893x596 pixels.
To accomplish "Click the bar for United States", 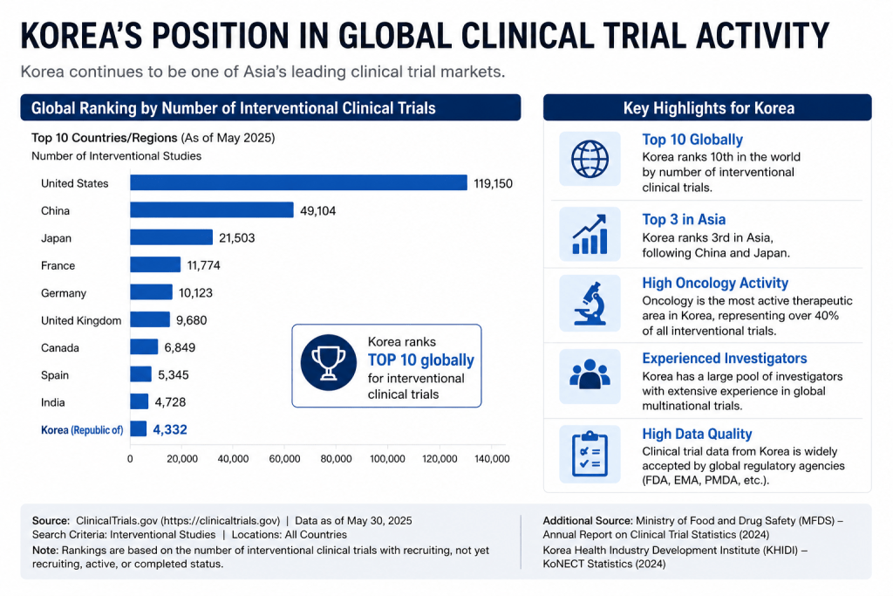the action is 298,182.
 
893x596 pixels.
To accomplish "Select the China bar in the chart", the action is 212,209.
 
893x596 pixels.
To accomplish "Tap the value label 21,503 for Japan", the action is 237,237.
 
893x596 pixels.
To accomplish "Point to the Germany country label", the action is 63,293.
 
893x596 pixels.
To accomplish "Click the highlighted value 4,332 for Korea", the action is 170,429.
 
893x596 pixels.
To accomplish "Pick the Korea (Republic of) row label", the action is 82,430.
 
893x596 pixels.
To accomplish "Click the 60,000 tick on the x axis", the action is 284,459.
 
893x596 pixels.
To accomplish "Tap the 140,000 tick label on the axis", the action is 492,459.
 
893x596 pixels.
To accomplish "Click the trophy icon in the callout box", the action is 329,362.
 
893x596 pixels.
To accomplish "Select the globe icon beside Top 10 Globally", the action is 590,159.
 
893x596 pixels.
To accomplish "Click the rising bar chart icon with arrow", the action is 590,234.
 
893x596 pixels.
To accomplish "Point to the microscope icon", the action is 590,303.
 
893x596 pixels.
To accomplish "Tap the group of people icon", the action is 590,374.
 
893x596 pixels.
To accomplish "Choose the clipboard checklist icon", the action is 590,454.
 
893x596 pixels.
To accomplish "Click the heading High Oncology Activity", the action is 715,284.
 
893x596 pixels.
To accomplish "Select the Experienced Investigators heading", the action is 725,359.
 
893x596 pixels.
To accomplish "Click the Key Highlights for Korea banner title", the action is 708,108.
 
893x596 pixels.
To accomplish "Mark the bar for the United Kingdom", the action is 150,319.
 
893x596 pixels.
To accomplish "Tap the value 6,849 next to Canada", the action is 180,347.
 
